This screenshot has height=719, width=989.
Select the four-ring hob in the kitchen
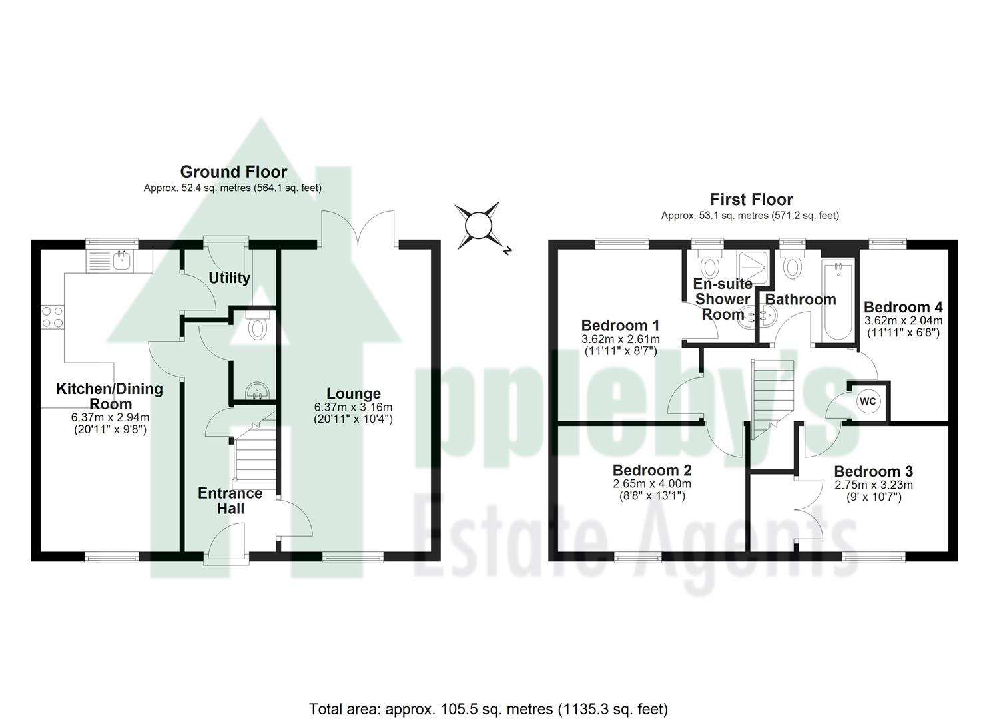coord(53,316)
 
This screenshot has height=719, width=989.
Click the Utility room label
coord(229,278)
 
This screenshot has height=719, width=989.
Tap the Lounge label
coord(353,393)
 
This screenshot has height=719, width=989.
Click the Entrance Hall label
coord(230,501)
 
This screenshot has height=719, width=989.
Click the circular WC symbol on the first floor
coord(868,401)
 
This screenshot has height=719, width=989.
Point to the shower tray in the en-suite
coord(747,265)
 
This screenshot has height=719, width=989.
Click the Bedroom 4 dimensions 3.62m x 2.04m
coord(903,320)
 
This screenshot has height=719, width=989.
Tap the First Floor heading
coord(751,199)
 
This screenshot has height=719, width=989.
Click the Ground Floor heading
coord(233,172)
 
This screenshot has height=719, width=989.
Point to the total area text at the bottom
coord(488,708)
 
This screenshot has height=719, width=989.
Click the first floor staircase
coord(773,396)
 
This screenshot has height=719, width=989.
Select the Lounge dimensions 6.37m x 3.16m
coord(353,407)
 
